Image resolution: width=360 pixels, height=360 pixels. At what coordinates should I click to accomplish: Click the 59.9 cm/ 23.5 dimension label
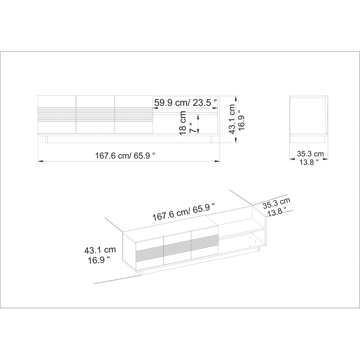(185, 103)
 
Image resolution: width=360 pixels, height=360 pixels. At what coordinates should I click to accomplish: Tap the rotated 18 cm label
(183, 123)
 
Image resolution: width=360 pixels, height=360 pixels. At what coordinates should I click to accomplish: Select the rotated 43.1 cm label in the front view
(232, 119)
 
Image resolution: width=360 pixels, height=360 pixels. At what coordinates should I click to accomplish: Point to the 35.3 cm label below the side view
(310, 154)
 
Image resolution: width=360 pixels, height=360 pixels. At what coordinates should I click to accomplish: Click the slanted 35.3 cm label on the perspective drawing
(276, 203)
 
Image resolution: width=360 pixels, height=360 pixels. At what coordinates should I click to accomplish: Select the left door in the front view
(57, 114)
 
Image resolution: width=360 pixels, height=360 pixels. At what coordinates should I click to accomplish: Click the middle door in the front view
(95, 114)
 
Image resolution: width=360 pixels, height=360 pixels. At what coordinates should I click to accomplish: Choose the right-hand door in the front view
(133, 114)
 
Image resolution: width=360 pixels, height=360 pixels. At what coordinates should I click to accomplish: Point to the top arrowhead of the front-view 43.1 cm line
(237, 98)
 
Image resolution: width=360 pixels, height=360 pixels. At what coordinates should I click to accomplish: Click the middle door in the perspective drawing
(177, 249)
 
